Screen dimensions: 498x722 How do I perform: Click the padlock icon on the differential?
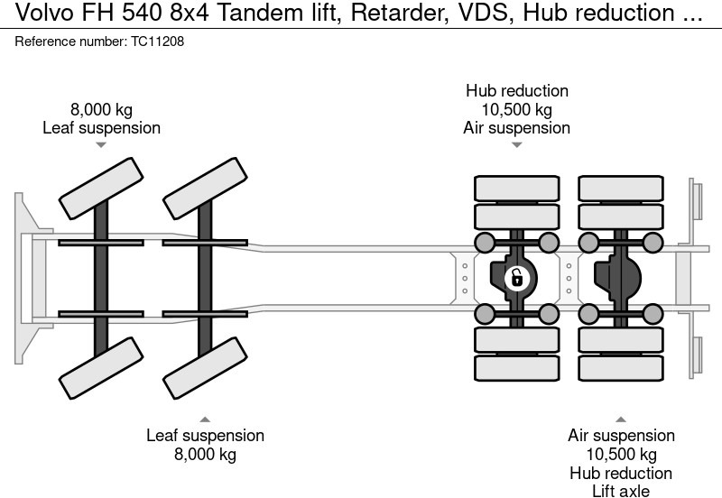pyautogui.click(x=516, y=277)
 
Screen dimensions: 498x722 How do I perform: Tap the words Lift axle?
pyautogui.click(x=620, y=491)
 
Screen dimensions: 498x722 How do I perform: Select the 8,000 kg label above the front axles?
pyautogui.click(x=102, y=110)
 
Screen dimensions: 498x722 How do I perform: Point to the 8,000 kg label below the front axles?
pyautogui.click(x=205, y=454)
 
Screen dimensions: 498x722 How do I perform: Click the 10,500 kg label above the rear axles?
pyautogui.click(x=516, y=110)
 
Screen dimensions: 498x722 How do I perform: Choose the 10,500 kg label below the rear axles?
pyautogui.click(x=620, y=454)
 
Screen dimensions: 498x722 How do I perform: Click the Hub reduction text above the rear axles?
pyautogui.click(x=516, y=91)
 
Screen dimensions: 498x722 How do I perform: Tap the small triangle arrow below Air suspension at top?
pyautogui.click(x=516, y=144)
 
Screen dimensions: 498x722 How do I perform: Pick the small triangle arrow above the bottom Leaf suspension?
pyautogui.click(x=205, y=420)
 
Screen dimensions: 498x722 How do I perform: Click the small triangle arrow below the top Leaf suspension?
pyautogui.click(x=102, y=144)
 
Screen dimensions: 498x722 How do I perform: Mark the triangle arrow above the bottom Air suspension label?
pyautogui.click(x=620, y=420)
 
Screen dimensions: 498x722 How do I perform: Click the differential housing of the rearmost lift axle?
pyautogui.click(x=620, y=277)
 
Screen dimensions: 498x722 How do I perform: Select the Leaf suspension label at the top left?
pyautogui.click(x=102, y=128)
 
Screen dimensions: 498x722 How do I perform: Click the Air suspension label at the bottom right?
pyautogui.click(x=620, y=436)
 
